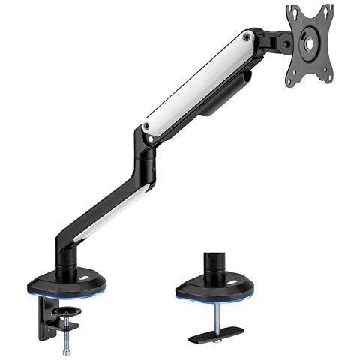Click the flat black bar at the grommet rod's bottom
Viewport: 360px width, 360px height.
[217, 334]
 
